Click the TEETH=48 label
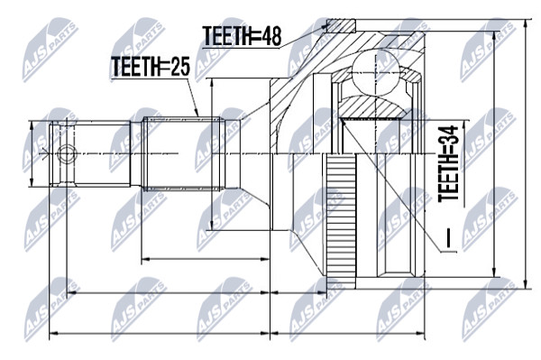point(243,36)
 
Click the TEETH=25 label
point(151,66)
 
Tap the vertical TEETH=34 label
point(448,164)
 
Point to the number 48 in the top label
point(271,36)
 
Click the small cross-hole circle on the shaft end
point(67,154)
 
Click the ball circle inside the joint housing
point(375,73)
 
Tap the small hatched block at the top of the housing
point(341,26)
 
